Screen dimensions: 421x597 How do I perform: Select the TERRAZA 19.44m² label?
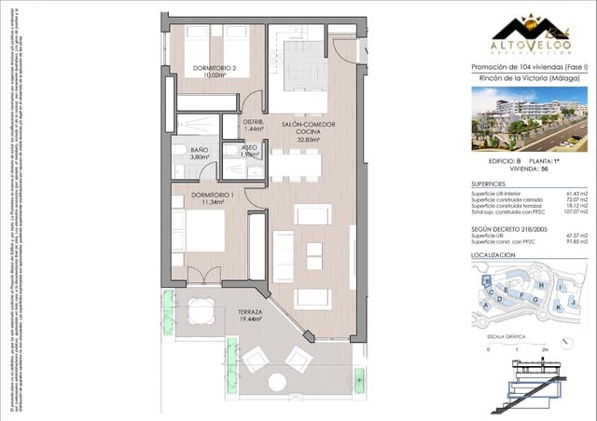click(248, 315)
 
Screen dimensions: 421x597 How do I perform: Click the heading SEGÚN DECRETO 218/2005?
click(509, 227)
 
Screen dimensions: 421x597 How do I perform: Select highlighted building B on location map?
click(485, 281)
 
